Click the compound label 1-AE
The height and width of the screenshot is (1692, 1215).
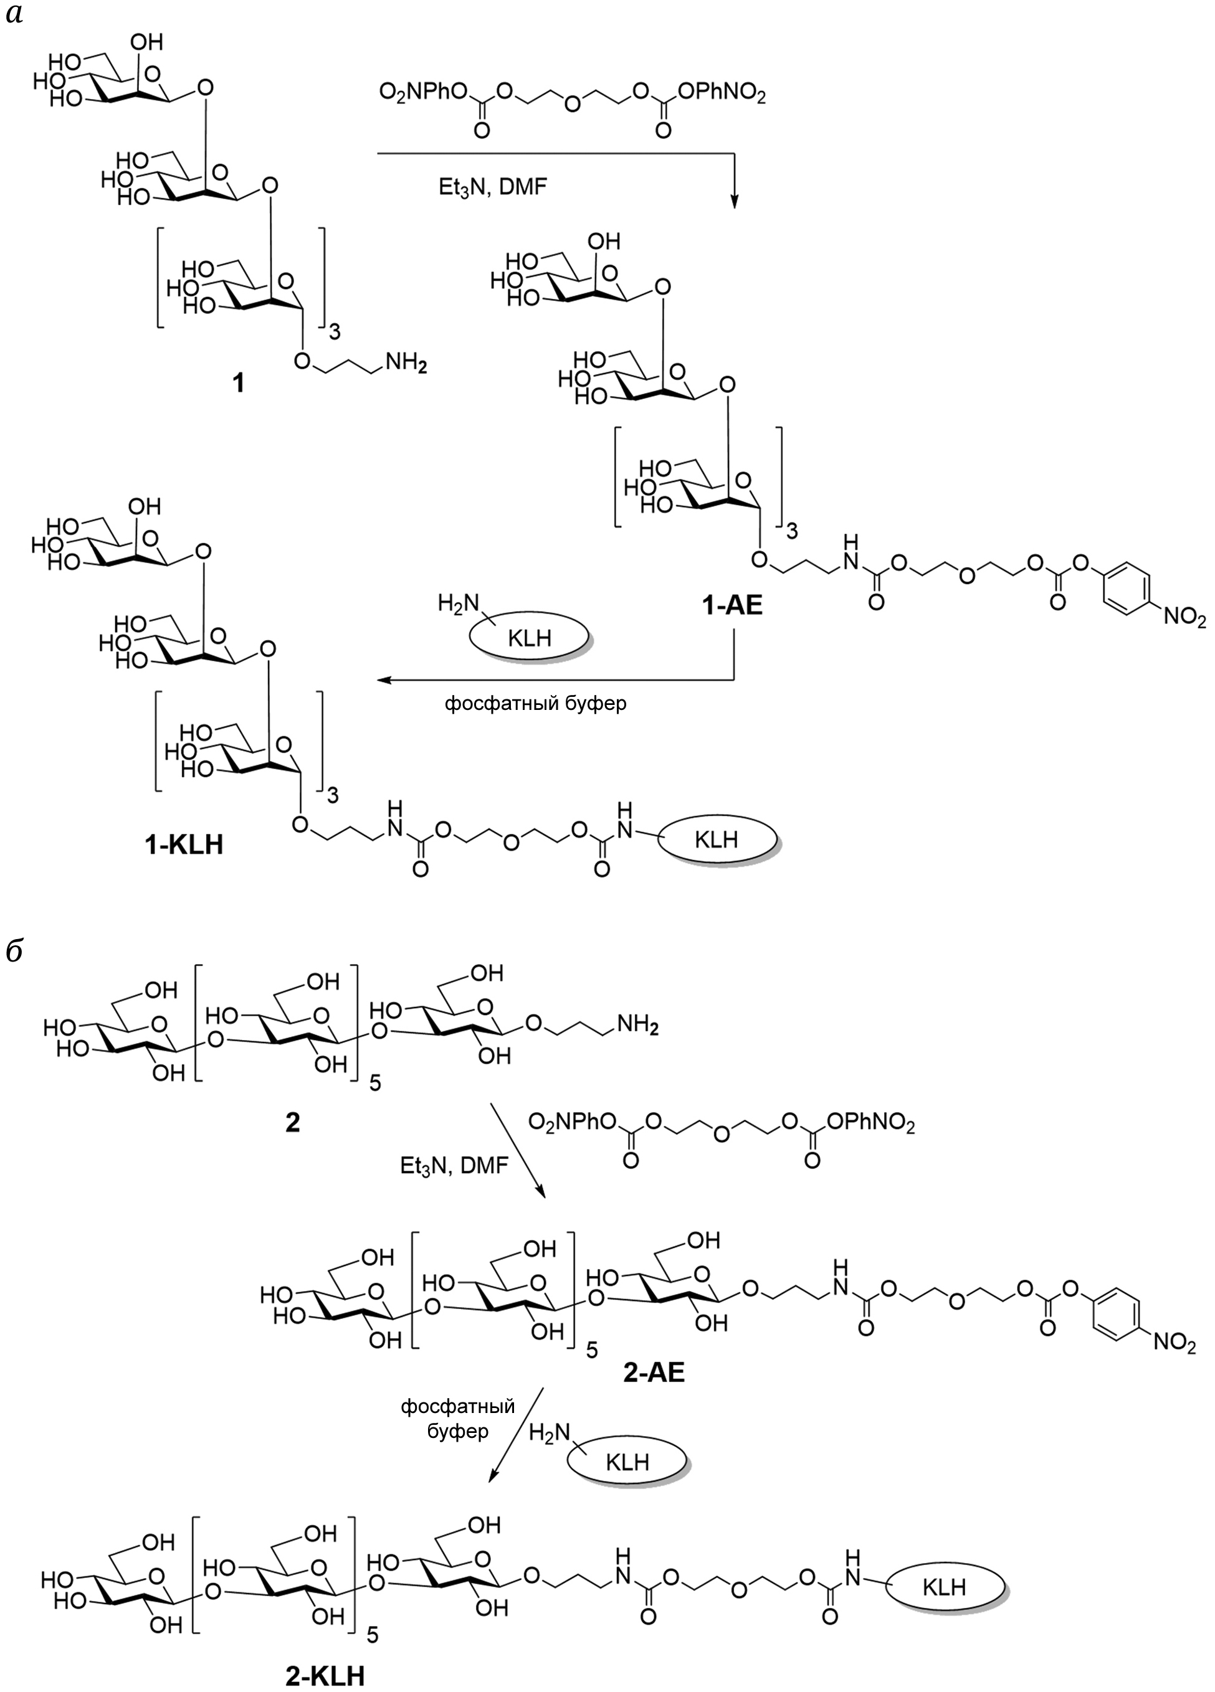732,605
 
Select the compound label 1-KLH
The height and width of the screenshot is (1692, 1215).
184,845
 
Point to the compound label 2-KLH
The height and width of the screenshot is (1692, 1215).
325,1677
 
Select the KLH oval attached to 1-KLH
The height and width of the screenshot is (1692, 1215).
716,839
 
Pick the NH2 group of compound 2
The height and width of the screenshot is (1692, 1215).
637,1028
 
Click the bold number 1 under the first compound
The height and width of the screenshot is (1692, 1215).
238,384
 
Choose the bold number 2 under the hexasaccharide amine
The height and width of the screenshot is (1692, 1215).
293,1122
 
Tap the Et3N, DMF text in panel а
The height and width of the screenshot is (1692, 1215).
493,186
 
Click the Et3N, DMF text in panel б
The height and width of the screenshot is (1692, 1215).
454,1166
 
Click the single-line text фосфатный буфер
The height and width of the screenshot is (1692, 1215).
535,704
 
